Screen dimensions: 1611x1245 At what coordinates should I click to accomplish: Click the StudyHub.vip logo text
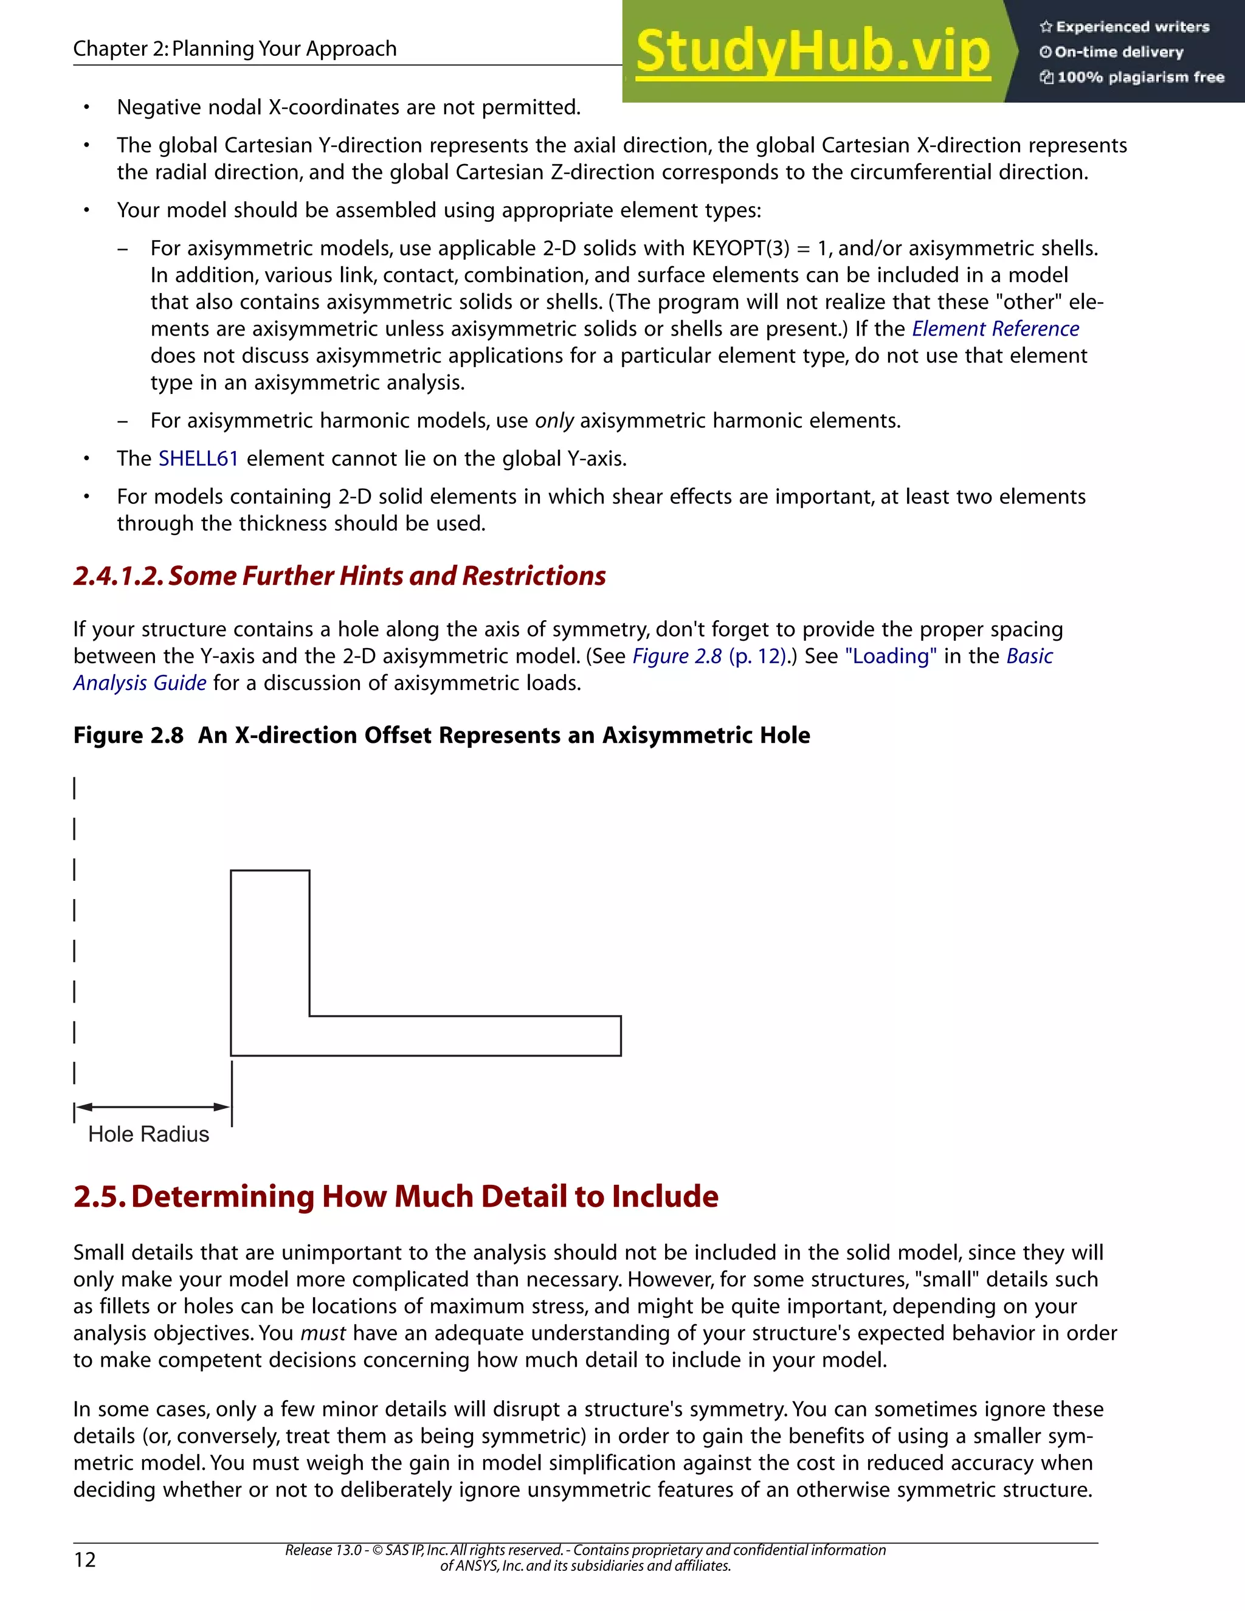pos(812,52)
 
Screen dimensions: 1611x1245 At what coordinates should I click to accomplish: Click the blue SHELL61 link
pos(198,459)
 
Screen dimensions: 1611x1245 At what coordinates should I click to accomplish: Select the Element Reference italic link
pos(995,329)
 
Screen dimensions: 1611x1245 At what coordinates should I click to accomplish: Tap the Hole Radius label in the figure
pos(148,1134)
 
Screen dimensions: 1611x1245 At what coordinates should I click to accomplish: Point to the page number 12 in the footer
pos(85,1559)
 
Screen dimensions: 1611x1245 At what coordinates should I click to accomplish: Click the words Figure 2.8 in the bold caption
pos(128,736)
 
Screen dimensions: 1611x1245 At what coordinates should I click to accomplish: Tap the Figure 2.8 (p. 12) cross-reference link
pos(709,657)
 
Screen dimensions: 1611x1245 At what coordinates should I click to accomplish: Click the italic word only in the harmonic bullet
pos(554,421)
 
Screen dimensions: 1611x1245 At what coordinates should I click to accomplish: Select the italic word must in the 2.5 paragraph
pos(323,1333)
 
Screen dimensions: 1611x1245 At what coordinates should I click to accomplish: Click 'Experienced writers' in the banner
pos(1132,27)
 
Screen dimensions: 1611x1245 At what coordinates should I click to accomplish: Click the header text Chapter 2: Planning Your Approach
pos(235,49)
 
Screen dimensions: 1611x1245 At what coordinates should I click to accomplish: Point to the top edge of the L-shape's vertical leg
pos(270,871)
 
